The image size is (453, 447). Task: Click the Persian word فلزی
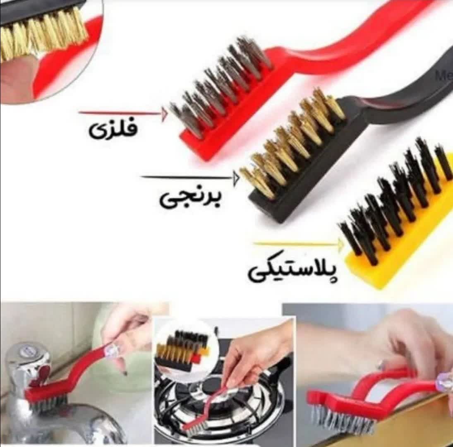pyautogui.click(x=113, y=130)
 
